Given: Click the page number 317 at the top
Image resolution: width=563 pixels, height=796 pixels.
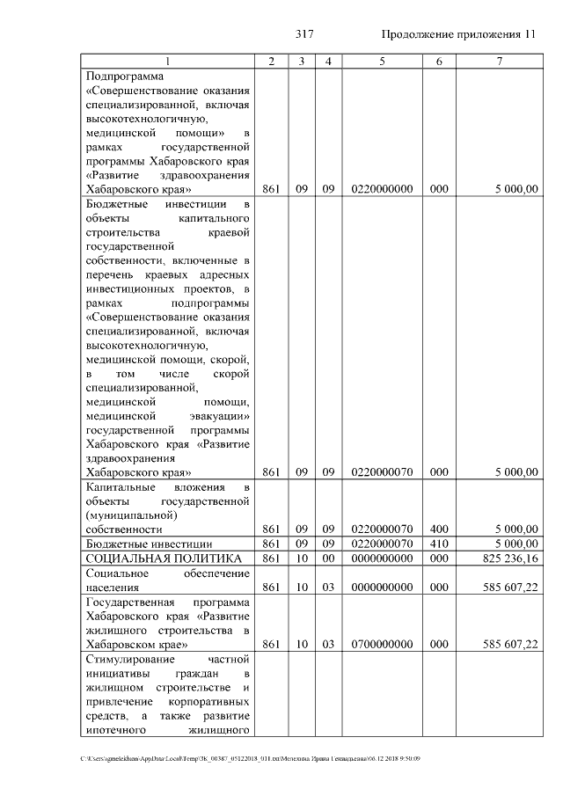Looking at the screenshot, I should coord(304,34).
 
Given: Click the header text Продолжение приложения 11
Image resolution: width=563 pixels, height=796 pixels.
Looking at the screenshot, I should coord(458,34).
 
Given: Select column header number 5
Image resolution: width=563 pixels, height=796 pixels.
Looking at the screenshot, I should coord(382,62).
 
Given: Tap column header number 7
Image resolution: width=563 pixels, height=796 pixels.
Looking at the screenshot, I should coord(499,62).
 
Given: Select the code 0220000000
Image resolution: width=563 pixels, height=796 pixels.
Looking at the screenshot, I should coord(382,189).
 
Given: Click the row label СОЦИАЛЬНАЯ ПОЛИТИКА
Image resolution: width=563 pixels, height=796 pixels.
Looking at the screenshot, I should coord(163,559).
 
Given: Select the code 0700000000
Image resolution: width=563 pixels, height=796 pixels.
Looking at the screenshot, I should coord(382,644).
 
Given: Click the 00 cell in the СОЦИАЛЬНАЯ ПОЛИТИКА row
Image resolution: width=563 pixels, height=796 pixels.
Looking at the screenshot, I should coord(328,559).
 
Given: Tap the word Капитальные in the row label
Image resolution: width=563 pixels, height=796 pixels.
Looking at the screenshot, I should coord(121,486).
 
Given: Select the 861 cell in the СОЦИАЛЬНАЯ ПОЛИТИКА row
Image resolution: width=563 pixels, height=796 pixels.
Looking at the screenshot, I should coord(271,559).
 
